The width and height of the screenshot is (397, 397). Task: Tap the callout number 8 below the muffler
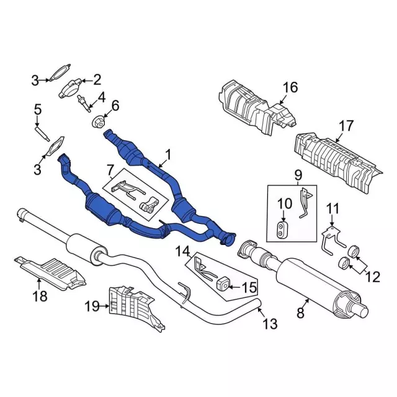tap(301, 313)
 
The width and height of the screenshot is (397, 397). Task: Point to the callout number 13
tap(270, 323)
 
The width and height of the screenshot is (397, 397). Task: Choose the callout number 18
tap(40, 297)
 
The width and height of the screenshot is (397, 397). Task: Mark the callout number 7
tap(110, 169)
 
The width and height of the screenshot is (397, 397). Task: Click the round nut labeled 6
tap(97, 121)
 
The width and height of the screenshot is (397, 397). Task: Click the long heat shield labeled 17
tap(335, 158)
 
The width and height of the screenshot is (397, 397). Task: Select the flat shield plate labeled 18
tap(56, 272)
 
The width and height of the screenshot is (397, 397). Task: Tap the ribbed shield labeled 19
tap(130, 304)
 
